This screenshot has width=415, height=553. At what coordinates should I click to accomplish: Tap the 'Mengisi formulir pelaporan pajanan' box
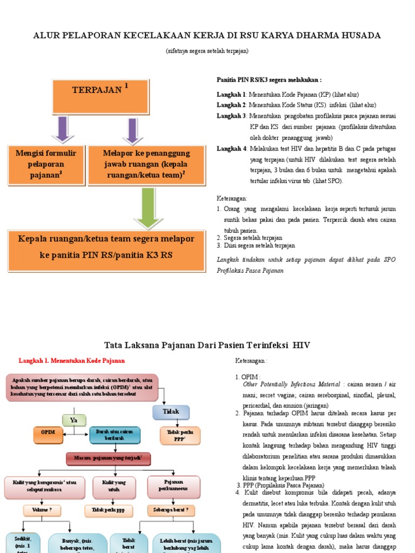(x=46, y=164)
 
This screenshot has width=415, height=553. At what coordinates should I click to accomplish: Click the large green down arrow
(x=145, y=208)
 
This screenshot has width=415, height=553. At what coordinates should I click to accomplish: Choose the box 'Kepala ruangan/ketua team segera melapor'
(x=106, y=246)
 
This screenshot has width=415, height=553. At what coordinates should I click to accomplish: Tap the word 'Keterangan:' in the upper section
(x=232, y=198)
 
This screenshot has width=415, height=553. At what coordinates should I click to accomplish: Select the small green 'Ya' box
(x=75, y=420)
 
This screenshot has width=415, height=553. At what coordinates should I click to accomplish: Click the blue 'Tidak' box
(x=171, y=412)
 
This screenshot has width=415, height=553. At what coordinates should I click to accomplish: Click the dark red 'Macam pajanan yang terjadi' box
(x=108, y=458)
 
